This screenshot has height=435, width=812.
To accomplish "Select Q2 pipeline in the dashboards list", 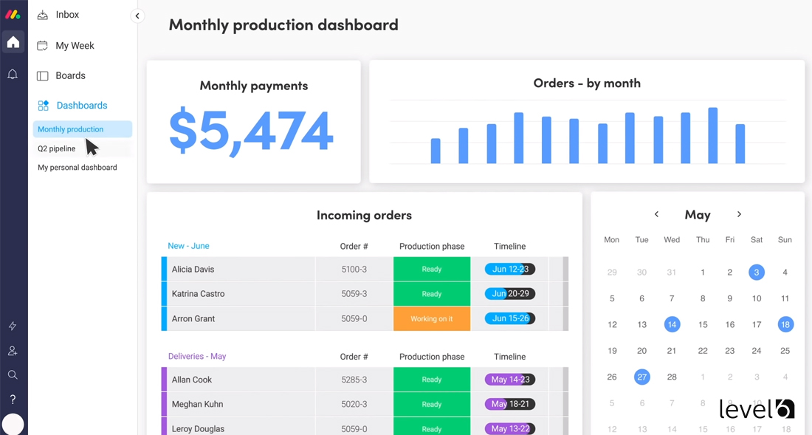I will point(57,148).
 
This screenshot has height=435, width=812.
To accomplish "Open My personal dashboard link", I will point(78,168).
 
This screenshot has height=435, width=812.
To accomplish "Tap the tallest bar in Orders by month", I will point(713,135).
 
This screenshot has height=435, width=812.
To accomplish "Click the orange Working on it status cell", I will point(432,318).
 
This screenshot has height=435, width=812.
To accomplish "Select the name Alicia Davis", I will point(193,269).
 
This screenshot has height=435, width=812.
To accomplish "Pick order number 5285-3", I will point(354,380).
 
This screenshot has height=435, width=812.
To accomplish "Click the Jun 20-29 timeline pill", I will point(510,293).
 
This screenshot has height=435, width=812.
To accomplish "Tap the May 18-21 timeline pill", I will point(510,404).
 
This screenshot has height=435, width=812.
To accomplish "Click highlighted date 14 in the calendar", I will point(672,324).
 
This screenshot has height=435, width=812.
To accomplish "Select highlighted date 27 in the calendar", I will point(642,377).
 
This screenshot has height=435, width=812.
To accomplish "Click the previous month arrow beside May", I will point(656,214).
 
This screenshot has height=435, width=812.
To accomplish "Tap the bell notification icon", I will point(13,75).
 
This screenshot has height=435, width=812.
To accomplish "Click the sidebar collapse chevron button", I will point(137,16).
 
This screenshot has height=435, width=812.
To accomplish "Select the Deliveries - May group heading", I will point(197,356).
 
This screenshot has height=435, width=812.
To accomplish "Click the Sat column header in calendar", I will point(757,239).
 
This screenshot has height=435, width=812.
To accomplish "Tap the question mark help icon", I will point(13,400).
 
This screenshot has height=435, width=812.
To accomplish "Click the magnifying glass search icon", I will point(13,375).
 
